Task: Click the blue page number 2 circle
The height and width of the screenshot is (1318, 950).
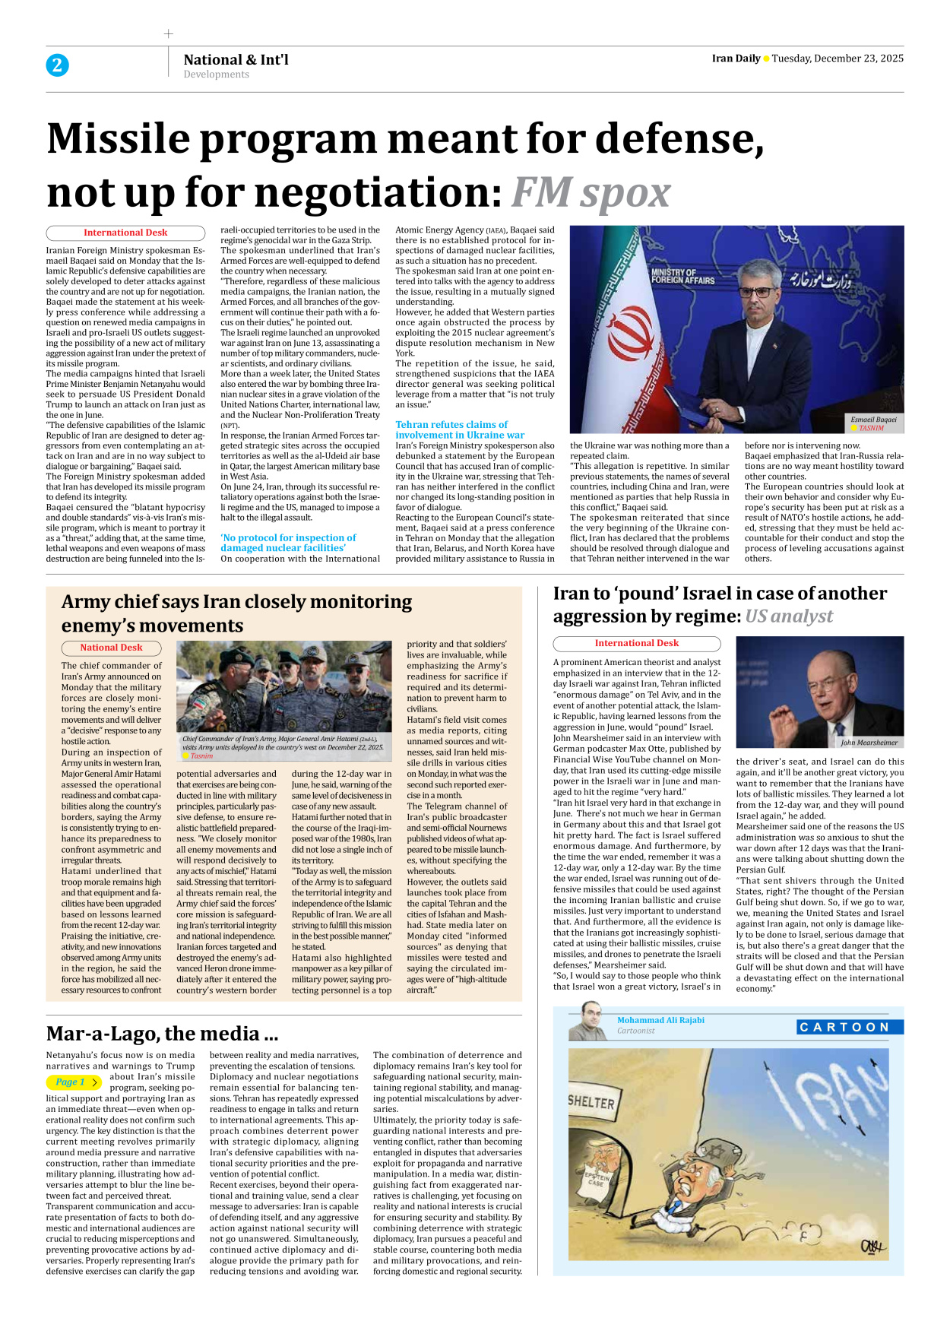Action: click(57, 65)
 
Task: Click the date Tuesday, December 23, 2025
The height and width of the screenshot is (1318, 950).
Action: click(838, 59)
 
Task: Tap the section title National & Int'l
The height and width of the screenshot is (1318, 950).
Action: click(236, 59)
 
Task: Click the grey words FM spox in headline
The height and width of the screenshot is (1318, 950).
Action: click(591, 192)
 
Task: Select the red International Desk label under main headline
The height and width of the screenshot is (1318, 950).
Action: click(125, 233)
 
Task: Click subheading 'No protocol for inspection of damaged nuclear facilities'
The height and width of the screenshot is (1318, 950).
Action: click(288, 543)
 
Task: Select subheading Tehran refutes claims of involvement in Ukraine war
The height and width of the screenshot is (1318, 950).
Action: click(459, 429)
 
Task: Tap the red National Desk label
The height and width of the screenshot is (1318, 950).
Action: click(111, 648)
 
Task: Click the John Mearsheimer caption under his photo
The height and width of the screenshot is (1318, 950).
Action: click(869, 743)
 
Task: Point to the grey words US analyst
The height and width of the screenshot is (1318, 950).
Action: click(788, 616)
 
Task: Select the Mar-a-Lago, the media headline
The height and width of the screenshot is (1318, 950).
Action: click(162, 1034)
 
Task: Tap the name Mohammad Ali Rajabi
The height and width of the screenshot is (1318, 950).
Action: click(660, 1020)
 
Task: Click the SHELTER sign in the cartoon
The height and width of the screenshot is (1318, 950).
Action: click(591, 1102)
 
